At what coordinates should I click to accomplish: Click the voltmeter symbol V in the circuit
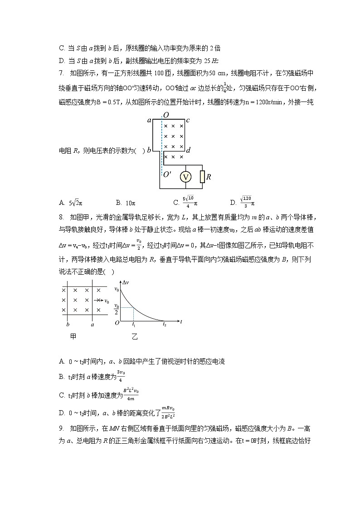click(185, 177)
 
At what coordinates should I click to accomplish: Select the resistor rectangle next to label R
click(202, 177)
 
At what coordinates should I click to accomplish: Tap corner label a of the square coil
click(149, 121)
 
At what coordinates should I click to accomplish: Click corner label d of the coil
click(188, 150)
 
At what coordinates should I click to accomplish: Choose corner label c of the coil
click(188, 120)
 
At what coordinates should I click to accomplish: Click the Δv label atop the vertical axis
click(127, 282)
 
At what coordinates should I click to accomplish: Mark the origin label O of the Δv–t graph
click(117, 323)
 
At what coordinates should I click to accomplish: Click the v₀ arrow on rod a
click(101, 301)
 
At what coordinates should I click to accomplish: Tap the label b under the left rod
click(68, 325)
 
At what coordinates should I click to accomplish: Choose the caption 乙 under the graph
click(135, 336)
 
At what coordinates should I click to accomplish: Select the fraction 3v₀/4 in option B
click(121, 376)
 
